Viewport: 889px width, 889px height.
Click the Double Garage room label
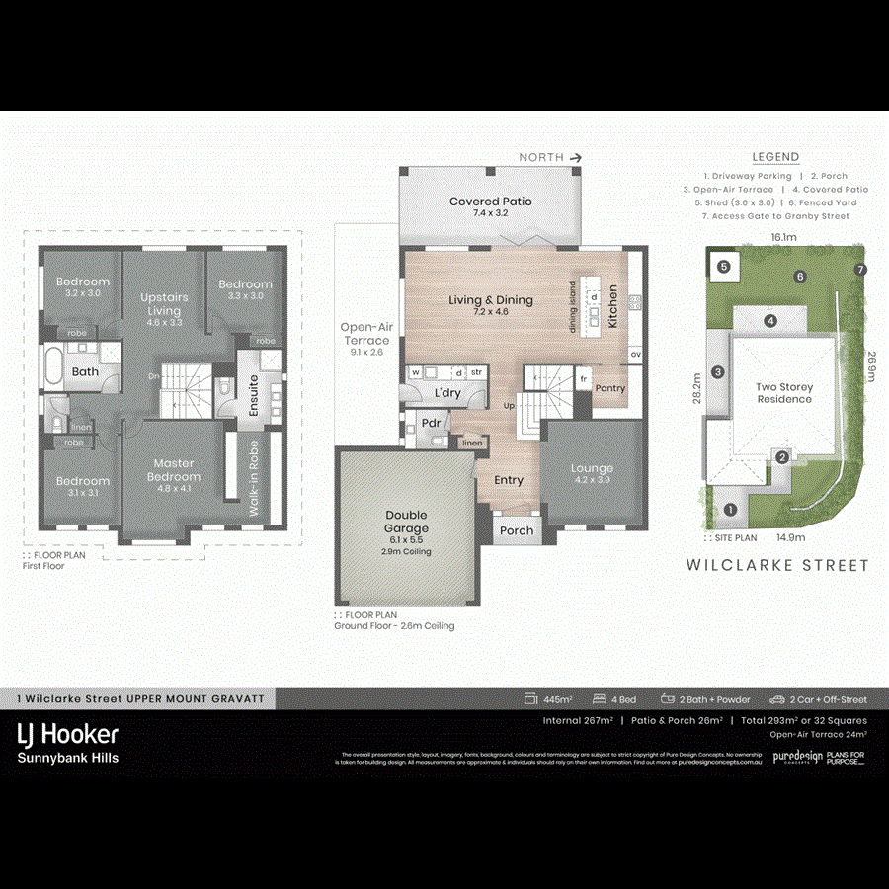406,521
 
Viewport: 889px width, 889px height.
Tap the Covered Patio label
490,202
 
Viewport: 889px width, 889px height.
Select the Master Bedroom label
173,469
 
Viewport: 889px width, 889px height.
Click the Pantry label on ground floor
609,388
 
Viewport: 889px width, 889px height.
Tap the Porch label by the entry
516,530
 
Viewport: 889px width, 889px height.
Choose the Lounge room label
592,468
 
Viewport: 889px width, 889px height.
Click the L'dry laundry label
447,393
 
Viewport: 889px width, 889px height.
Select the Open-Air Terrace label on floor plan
365,334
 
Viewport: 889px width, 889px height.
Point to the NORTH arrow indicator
552,157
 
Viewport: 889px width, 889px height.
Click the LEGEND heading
775,157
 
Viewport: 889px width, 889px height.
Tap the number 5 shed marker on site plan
723,266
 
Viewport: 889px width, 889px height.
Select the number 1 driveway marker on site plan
730,510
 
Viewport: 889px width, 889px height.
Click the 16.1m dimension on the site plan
783,238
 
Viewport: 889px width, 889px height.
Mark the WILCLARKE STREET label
777,566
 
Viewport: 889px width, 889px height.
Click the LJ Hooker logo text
68,734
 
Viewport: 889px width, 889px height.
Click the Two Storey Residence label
784,393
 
